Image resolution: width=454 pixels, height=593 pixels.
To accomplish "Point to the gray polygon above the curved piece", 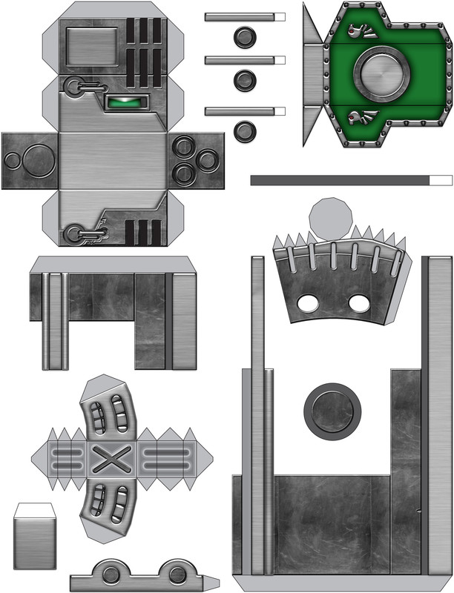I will [331, 219].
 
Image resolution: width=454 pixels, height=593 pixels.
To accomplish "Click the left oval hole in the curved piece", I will [306, 302].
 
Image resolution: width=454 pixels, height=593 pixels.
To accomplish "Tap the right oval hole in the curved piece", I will [359, 302].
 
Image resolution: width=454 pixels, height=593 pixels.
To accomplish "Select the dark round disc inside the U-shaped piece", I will [332, 409].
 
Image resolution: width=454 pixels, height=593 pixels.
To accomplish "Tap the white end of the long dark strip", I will [441, 180].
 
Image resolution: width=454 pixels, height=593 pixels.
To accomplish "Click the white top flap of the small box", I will [35, 511].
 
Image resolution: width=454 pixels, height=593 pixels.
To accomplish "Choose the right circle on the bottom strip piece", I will [177, 574].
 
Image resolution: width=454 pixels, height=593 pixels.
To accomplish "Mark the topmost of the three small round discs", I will [244, 36].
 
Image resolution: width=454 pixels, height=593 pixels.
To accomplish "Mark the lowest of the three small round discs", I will [244, 131].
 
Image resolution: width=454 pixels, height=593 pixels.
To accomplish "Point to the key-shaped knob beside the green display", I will [75, 87].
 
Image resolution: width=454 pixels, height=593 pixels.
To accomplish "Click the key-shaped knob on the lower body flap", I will [75, 234].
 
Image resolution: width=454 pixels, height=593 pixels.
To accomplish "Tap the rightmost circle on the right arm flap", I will [208, 159].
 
